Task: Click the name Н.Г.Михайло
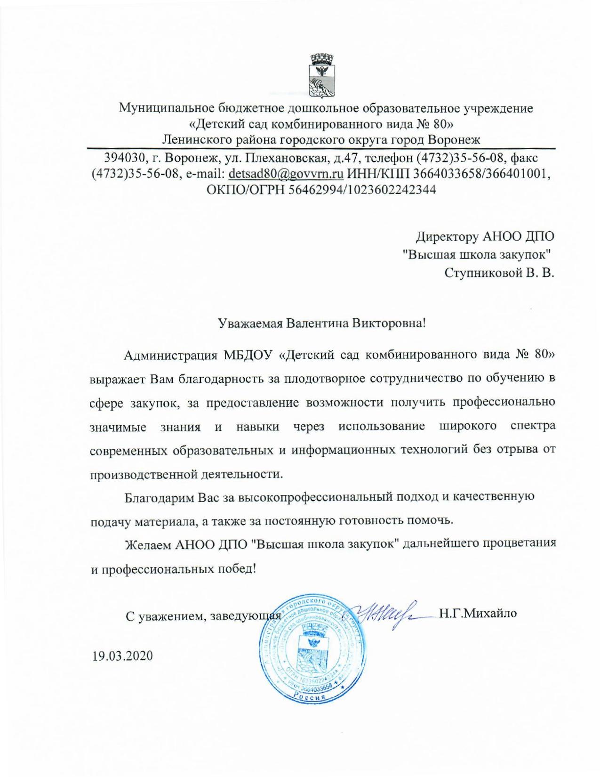(x=478, y=613)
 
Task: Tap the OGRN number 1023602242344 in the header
(x=384, y=190)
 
